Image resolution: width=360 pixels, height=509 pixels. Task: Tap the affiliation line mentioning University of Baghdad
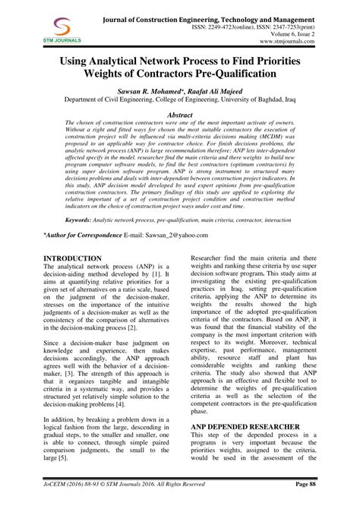pos(179,109)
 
